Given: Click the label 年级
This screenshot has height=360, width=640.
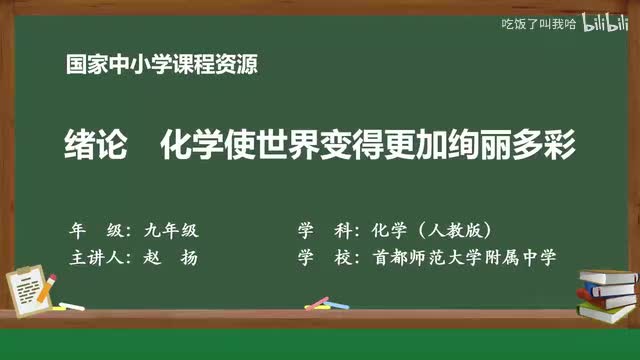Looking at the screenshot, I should tap(94, 227).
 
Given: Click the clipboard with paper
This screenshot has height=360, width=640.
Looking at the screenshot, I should tap(31, 283).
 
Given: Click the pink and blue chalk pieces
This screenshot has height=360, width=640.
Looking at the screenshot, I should tap(318, 301).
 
